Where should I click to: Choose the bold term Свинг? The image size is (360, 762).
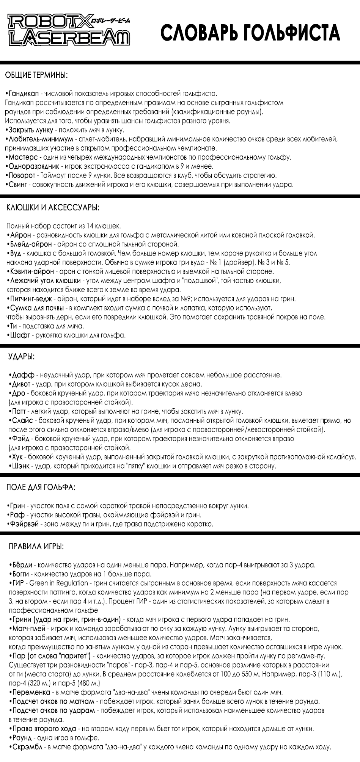(x=19, y=185)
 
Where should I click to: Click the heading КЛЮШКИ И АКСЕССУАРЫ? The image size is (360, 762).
(x=53, y=208)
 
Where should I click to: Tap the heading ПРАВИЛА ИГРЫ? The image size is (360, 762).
(x=36, y=547)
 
